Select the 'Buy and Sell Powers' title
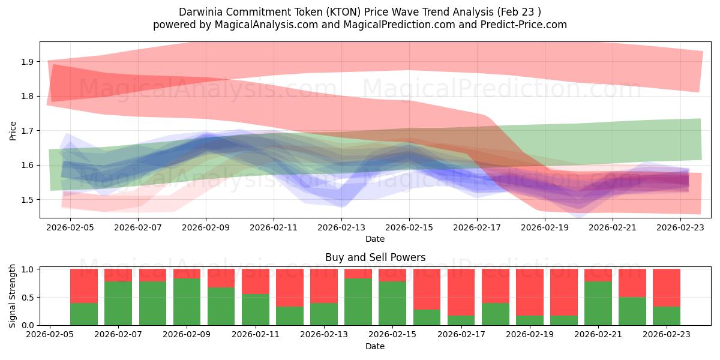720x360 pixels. pyautogui.click(x=375, y=257)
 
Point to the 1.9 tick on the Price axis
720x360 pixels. pyautogui.click(x=26, y=62)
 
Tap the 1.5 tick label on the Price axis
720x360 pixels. pyautogui.click(x=26, y=200)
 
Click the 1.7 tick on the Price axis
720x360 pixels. pyautogui.click(x=26, y=131)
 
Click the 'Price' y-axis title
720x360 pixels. pyautogui.click(x=13, y=130)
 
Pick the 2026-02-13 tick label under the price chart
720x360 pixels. pyautogui.click(x=341, y=227)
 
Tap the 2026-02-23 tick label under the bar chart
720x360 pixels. pyautogui.click(x=667, y=335)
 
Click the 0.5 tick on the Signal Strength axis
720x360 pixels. pyautogui.click(x=26, y=298)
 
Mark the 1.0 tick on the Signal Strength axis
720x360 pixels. pyautogui.click(x=26, y=269)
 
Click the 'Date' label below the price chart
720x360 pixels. pyautogui.click(x=375, y=239)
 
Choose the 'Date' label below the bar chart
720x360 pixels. pyautogui.click(x=375, y=346)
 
